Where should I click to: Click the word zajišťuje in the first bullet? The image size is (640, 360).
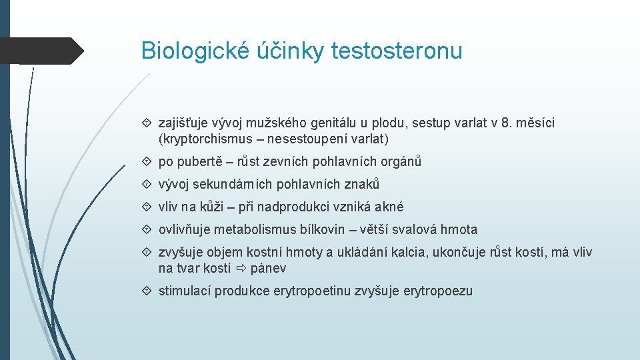point(183,123)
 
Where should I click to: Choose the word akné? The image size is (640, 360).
point(389,207)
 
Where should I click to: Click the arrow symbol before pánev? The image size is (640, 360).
point(241,269)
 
